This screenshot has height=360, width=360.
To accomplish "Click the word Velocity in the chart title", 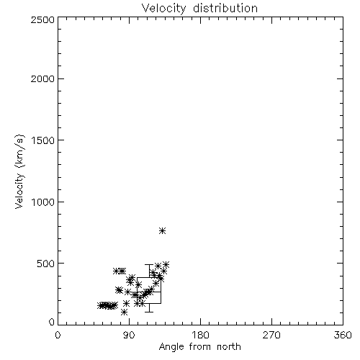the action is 164,9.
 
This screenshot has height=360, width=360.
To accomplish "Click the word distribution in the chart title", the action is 225,8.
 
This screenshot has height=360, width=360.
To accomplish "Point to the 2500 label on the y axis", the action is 42,19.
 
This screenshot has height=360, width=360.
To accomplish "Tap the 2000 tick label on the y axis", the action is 42,78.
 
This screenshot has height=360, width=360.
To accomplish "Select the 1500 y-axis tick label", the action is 43,140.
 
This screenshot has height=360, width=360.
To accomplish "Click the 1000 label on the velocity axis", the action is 43,202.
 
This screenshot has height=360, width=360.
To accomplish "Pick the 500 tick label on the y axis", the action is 46,264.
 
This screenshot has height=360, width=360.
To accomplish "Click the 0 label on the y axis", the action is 52,322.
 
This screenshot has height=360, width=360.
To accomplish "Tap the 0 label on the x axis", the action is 58,335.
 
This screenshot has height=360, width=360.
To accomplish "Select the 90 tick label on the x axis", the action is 129,335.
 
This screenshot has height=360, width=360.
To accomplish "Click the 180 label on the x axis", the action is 200,335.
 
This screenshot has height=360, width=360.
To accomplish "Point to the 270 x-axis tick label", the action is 271,335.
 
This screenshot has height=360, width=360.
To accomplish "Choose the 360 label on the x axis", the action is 343,335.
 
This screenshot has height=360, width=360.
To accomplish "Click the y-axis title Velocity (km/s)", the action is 19,171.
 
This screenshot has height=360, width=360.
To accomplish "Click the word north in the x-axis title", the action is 229,347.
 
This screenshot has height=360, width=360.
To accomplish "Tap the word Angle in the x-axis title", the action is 171,347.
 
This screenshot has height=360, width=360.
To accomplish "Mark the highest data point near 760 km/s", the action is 163,231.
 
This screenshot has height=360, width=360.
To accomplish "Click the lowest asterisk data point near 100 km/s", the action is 124,312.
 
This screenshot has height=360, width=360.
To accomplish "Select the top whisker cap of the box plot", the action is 149,264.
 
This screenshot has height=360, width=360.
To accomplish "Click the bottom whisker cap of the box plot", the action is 149,312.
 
